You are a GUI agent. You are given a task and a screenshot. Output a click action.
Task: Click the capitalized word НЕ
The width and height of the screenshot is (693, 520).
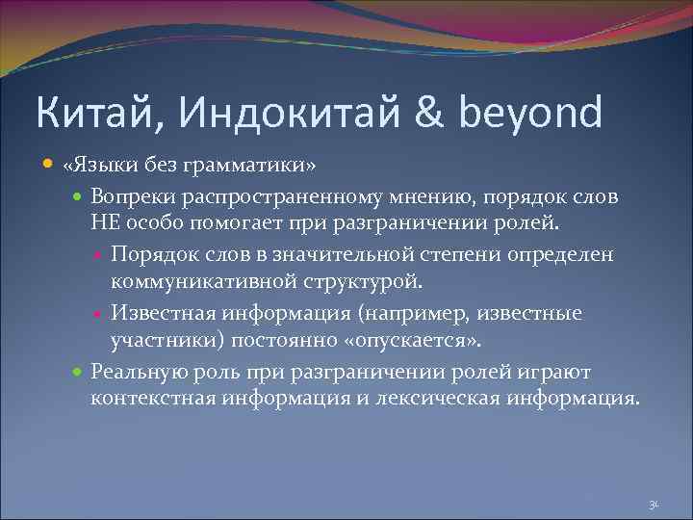(x=103, y=223)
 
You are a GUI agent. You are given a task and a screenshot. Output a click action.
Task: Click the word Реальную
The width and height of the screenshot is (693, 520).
(x=132, y=371)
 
